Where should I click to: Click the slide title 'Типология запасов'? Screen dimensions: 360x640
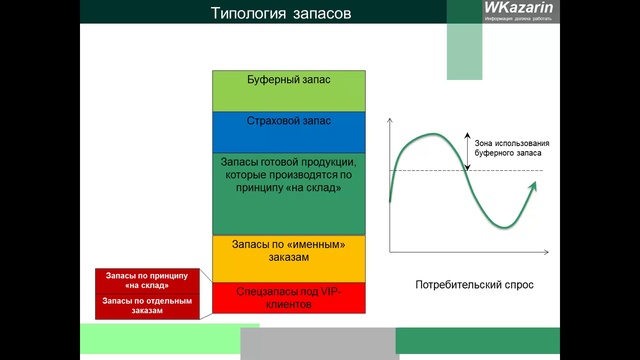click(281, 14)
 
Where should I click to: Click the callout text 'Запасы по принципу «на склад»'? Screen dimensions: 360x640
click(139, 280)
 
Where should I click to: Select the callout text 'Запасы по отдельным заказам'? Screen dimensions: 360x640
click(139, 305)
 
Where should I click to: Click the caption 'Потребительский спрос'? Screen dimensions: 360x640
click(474, 285)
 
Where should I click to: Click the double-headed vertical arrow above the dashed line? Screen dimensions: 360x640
click(467, 150)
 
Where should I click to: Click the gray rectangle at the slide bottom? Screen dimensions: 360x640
click(318, 343)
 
